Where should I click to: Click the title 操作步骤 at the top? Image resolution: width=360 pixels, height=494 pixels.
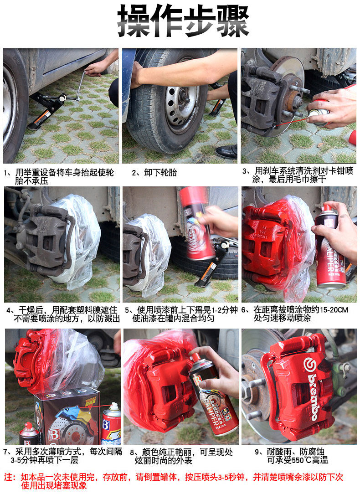(x=183, y=21)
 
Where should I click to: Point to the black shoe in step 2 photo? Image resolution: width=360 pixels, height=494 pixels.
(x=226, y=152)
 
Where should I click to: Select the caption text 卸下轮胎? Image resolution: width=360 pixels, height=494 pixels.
(x=160, y=172)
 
